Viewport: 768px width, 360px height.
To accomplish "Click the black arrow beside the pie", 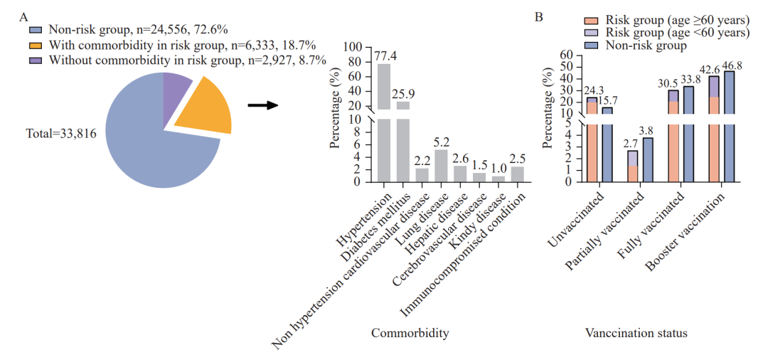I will coord(262,106).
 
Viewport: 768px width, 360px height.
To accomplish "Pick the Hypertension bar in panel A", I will coord(384,121).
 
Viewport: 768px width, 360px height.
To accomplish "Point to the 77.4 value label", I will coord(384,55).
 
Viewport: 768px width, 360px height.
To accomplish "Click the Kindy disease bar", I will coord(498,178).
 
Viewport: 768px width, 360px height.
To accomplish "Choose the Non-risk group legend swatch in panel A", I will coord(36,30).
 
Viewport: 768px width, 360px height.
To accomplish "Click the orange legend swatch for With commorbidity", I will coord(36,45).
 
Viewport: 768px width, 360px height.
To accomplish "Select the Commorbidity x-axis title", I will coord(410,333).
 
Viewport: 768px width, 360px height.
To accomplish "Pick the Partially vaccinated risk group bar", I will coord(633,166).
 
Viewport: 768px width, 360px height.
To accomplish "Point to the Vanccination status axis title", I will coord(636,333).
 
